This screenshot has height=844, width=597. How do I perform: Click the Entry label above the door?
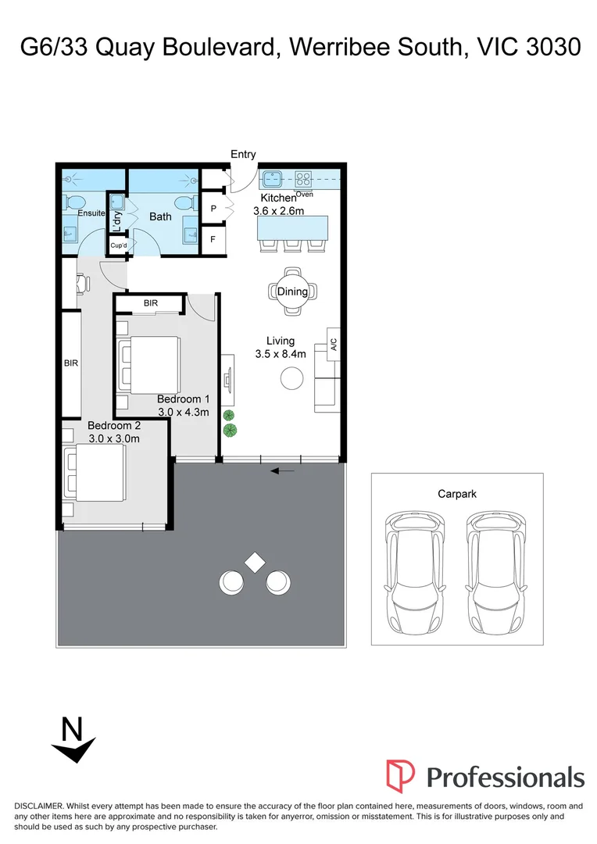click(x=243, y=155)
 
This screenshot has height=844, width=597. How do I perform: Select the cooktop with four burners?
click(x=304, y=178)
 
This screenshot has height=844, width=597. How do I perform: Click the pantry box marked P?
click(x=213, y=209)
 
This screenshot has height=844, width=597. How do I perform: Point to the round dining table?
click(x=292, y=291)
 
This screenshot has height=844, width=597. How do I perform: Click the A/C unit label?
click(x=334, y=343)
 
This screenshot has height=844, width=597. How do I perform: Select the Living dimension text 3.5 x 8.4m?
click(x=280, y=354)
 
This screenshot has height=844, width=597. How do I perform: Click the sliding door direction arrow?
click(x=282, y=470)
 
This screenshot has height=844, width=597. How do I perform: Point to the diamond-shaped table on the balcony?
click(x=253, y=562)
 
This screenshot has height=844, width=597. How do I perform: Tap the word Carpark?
click(x=457, y=494)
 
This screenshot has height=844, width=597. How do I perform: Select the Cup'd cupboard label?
click(x=119, y=245)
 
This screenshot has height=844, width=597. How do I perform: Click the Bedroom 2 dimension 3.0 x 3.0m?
click(x=113, y=438)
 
